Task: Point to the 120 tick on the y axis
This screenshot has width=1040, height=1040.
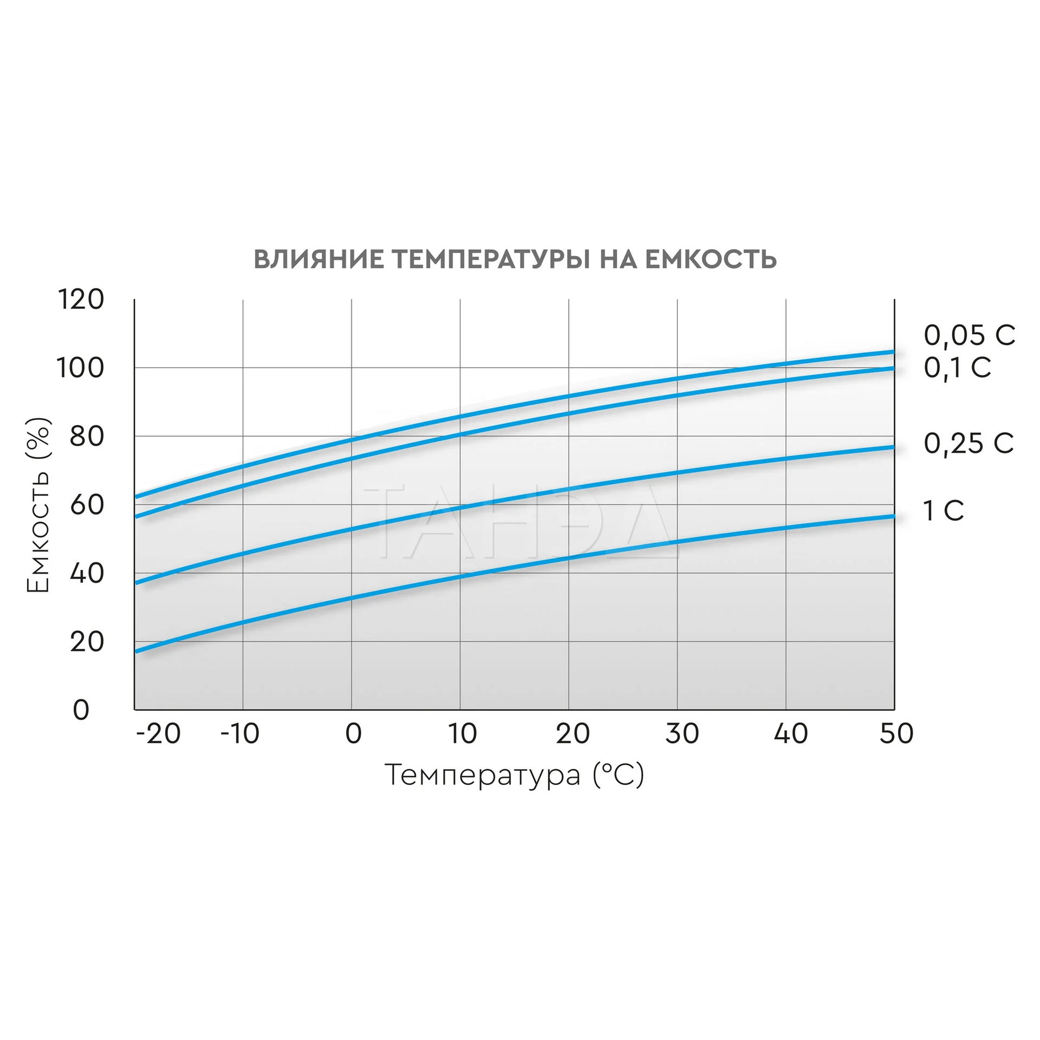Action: point(80,300)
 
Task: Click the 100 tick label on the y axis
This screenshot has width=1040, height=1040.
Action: point(80,368)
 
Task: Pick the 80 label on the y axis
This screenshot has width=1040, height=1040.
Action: point(86,437)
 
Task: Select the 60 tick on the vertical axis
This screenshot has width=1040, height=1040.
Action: point(86,505)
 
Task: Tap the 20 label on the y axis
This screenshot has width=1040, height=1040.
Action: point(86,642)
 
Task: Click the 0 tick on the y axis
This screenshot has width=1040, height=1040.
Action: point(81,710)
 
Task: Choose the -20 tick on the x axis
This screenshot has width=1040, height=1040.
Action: point(158,734)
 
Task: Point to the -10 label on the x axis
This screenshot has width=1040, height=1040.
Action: point(239,734)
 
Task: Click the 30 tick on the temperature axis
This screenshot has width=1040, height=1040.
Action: point(682,734)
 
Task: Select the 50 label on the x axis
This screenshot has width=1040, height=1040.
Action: point(896,734)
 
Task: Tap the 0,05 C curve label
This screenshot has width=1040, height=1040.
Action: point(969,336)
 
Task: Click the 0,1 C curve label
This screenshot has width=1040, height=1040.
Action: point(957,368)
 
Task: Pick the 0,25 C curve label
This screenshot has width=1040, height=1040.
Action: point(968,444)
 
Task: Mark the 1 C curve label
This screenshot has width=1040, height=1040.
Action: point(943,511)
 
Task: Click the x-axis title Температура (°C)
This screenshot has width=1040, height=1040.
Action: point(515,775)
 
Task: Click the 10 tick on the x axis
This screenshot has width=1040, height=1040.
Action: point(462,734)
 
